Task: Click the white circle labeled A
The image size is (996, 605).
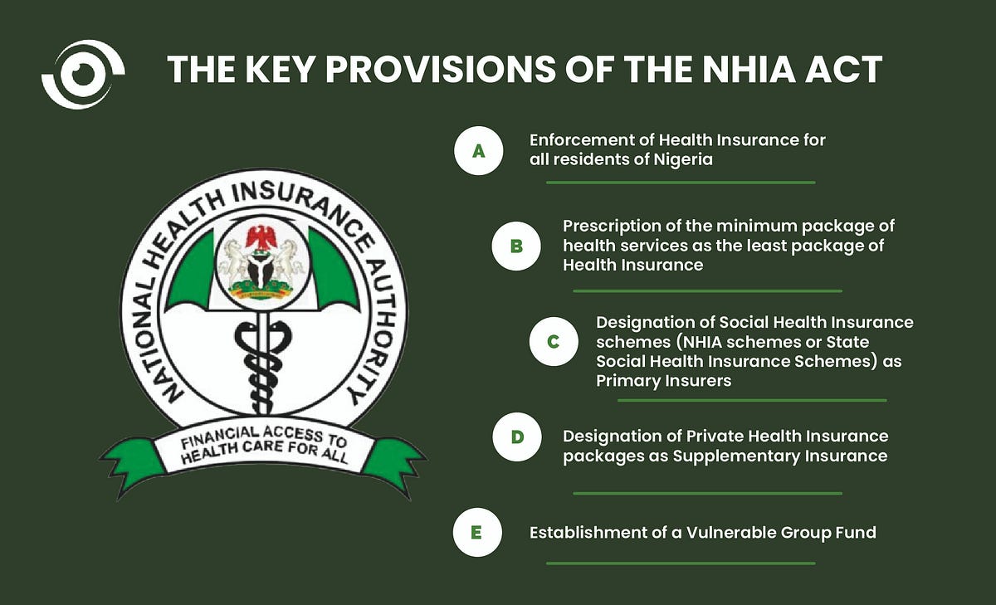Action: (x=478, y=151)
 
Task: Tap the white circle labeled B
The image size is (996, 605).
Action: (x=516, y=246)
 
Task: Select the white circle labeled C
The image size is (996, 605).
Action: (x=554, y=341)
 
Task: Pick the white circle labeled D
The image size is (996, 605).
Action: (x=516, y=437)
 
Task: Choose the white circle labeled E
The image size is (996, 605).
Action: (x=477, y=532)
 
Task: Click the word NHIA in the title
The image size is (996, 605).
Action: (x=749, y=70)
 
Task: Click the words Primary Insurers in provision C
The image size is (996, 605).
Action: (x=663, y=381)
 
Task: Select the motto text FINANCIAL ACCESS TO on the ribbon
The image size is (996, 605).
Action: (x=264, y=437)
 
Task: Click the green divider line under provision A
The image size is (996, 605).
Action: (x=681, y=183)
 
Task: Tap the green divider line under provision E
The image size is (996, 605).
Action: (x=681, y=564)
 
